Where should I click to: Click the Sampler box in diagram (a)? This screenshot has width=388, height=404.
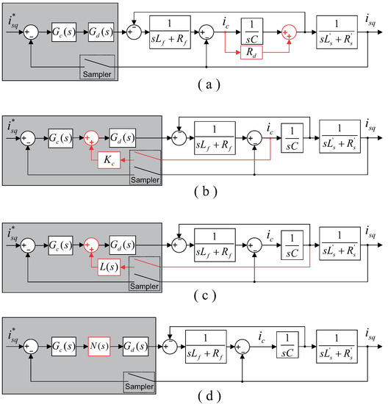pyautogui.click(x=96, y=65)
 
